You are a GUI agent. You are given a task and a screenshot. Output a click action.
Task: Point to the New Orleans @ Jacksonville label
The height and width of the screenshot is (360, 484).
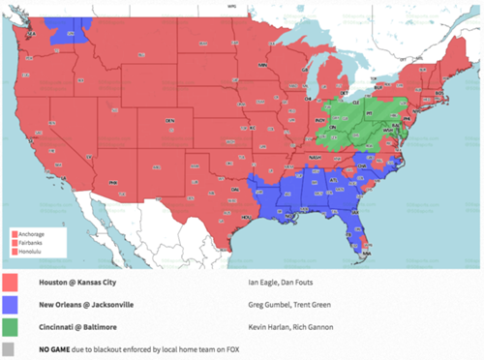[86, 305]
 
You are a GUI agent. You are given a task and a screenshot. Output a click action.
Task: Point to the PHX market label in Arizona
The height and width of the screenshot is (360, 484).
[114, 181]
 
